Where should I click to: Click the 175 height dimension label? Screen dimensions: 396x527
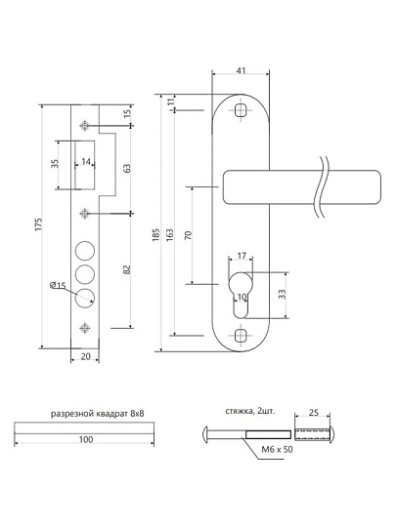coord(39,224)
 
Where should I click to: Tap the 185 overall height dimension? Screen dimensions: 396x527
coord(155,235)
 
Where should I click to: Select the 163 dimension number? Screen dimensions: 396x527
coord(170,235)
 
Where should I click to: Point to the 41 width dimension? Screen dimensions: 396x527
coord(242,70)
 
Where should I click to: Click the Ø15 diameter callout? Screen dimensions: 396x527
coord(58,286)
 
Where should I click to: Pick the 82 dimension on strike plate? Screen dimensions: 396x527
coord(126,269)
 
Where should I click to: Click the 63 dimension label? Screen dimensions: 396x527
coord(126,169)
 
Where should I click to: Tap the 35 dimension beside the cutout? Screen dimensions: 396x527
coord(55,164)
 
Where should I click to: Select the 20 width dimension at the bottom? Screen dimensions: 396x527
coord(86,356)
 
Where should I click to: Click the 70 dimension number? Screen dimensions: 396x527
coord(189,235)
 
